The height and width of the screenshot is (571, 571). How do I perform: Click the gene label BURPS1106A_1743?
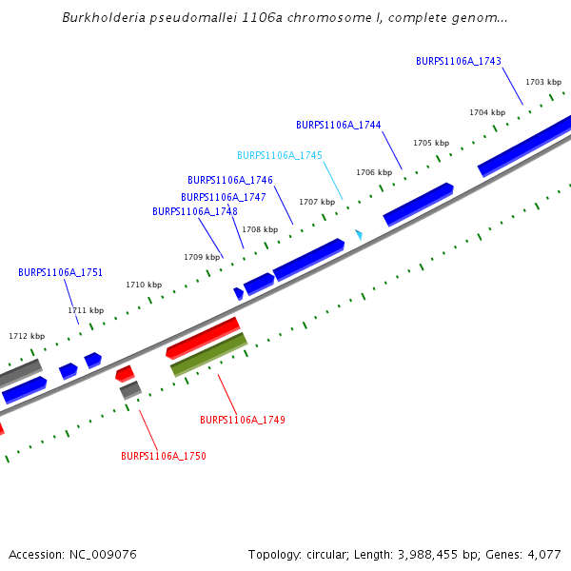pyautogui.click(x=458, y=61)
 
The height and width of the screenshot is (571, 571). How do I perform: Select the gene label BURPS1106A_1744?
pyautogui.click(x=338, y=125)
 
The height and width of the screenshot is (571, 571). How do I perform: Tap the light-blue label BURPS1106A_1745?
pyautogui.click(x=279, y=155)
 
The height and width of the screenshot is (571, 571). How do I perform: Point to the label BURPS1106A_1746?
pyautogui.click(x=229, y=180)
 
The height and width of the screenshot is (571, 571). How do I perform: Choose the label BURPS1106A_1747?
pyautogui.click(x=223, y=197)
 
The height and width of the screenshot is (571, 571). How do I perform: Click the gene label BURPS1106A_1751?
pyautogui.click(x=60, y=272)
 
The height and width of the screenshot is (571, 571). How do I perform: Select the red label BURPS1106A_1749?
pyautogui.click(x=242, y=420)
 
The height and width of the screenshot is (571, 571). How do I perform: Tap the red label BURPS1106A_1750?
pyautogui.click(x=163, y=456)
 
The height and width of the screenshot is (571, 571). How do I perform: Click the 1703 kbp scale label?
pyautogui.click(x=542, y=82)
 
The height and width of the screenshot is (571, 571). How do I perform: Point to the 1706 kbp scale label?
pyautogui.click(x=373, y=172)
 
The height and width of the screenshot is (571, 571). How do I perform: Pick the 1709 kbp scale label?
pyautogui.click(x=201, y=257)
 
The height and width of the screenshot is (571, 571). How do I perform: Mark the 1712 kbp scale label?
pyautogui.click(x=27, y=336)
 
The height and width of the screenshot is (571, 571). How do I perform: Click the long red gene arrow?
pyautogui.click(x=203, y=338)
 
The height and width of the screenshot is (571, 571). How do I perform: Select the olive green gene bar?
pyautogui.click(x=208, y=354)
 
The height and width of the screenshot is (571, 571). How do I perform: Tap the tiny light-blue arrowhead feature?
pyautogui.click(x=359, y=233)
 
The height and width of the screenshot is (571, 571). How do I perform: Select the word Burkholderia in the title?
pyautogui.click(x=101, y=17)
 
